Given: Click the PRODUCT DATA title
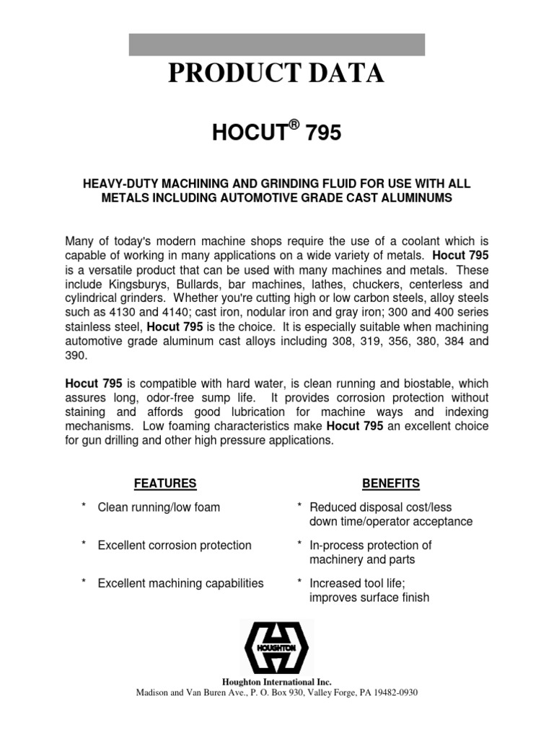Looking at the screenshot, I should [276, 74].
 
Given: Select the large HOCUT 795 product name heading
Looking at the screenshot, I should [276, 133].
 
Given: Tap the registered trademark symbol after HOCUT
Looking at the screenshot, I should [294, 125].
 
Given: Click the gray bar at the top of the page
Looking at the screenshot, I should [276, 44].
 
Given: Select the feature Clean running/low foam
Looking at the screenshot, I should [159, 507].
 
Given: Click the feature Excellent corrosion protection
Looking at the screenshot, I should [175, 546].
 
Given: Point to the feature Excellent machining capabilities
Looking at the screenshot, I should [180, 583].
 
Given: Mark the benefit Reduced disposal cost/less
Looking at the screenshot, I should [380, 507].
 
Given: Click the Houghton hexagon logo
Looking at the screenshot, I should [276, 646].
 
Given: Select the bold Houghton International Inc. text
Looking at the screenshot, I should [276, 682].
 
